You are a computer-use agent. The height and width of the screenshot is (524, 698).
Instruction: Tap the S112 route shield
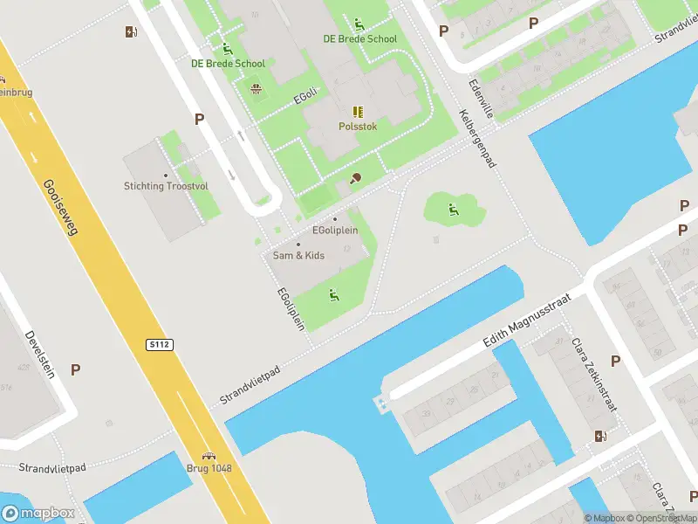160,345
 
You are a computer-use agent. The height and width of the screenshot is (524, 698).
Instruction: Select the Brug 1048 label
209,468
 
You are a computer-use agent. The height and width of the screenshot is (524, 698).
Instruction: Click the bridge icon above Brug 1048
209,455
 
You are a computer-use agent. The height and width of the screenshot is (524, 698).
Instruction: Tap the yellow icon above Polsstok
358,112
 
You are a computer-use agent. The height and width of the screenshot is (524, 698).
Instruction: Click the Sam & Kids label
298,255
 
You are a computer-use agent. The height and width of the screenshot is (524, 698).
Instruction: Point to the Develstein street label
40,355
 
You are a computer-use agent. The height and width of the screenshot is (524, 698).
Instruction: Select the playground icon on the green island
452,209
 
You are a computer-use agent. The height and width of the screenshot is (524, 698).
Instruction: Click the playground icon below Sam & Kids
334,295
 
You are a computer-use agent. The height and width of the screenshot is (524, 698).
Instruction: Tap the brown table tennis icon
355,178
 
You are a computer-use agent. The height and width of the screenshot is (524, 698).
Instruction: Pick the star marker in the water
381,404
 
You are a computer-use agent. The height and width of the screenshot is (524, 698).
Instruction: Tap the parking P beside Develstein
75,369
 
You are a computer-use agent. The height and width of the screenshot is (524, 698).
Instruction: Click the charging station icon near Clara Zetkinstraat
600,436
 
